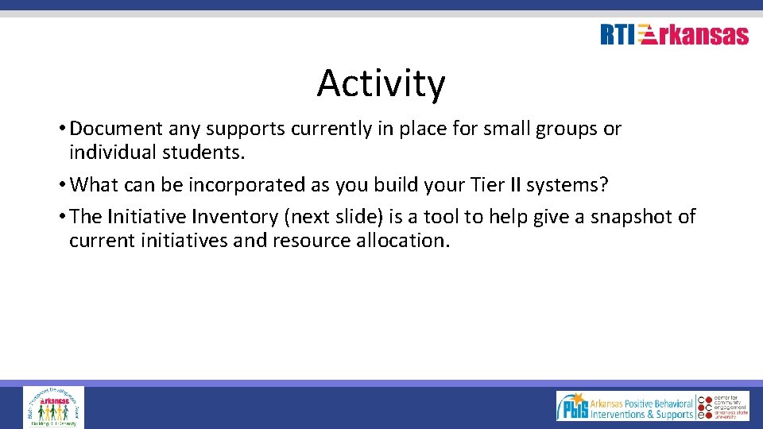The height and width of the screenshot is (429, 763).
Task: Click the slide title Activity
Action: coord(381,83)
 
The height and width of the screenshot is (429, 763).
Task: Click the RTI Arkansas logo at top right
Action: coord(674,35)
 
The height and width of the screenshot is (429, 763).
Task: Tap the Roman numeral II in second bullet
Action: coord(516,185)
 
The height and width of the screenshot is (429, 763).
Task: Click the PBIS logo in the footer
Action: coord(625,407)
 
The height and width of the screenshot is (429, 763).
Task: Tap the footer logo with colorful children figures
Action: coord(53,407)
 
